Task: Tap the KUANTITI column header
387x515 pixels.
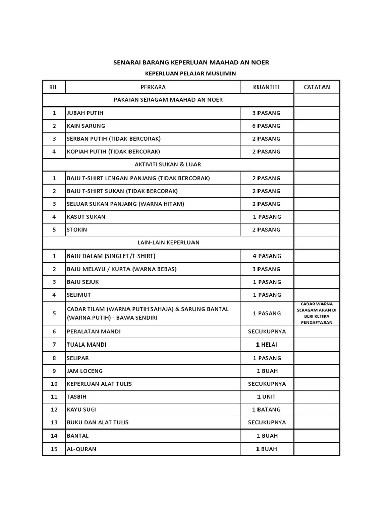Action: (x=267, y=87)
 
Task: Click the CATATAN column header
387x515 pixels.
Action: (x=317, y=87)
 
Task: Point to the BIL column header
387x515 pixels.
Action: (x=54, y=87)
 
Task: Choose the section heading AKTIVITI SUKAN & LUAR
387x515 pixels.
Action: (x=168, y=164)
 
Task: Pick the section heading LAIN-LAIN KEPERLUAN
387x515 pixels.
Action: (x=168, y=242)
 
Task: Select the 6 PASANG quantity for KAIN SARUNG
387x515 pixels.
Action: (x=267, y=126)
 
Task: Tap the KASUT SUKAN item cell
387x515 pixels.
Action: (x=86, y=217)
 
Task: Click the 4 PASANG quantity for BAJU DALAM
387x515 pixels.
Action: (x=267, y=256)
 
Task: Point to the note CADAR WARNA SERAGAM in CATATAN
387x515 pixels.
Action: (x=317, y=313)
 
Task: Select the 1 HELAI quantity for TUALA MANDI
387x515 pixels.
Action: (x=267, y=345)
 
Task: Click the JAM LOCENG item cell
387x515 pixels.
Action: (x=85, y=371)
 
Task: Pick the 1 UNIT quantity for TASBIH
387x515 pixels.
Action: (x=267, y=397)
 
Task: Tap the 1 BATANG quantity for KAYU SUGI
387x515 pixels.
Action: (x=267, y=410)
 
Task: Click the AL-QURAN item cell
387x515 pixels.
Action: (x=82, y=449)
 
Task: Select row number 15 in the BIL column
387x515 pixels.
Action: (x=54, y=449)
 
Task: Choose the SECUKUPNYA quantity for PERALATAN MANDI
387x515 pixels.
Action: (x=267, y=332)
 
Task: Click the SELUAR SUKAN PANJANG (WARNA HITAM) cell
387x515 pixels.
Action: (x=125, y=204)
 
